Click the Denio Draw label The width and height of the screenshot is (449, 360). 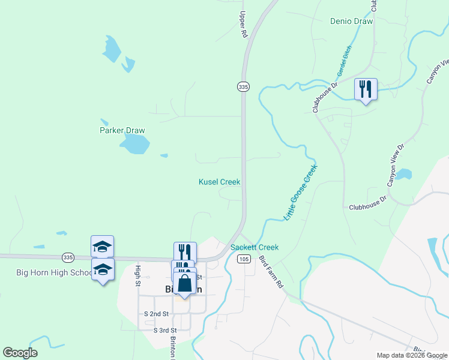[x=351, y=21]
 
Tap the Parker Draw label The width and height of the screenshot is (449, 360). [x=122, y=130]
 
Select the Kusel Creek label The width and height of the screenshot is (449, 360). [x=219, y=182]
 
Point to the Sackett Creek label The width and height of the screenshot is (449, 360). [x=255, y=247]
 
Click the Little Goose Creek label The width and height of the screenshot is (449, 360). [x=300, y=192]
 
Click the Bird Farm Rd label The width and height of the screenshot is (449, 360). [x=271, y=271]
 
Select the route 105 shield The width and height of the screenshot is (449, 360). [x=243, y=259]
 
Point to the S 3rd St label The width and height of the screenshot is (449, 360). [x=165, y=330]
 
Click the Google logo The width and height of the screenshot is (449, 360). [x=20, y=353]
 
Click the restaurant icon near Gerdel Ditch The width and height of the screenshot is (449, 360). [x=366, y=90]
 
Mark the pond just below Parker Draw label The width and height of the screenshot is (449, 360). [x=134, y=144]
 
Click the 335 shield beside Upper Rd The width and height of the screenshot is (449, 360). [x=243, y=87]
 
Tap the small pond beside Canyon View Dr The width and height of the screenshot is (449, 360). [x=403, y=175]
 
